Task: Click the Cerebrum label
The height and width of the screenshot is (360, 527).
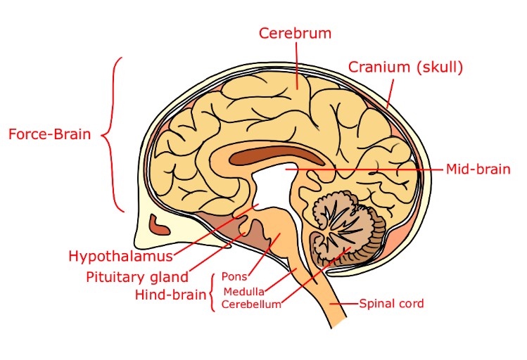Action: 295,33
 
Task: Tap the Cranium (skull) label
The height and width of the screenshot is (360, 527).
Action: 405,67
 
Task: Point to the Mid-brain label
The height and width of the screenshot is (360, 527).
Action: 478,169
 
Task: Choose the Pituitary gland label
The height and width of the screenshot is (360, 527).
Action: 137,276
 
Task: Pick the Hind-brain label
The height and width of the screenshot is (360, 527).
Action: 170,294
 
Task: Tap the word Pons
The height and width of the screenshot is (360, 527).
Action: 234,276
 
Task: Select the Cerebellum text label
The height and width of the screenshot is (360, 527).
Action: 251,304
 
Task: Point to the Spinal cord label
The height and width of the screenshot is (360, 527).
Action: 391,304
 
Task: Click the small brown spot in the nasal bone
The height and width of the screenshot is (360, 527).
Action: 160,226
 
